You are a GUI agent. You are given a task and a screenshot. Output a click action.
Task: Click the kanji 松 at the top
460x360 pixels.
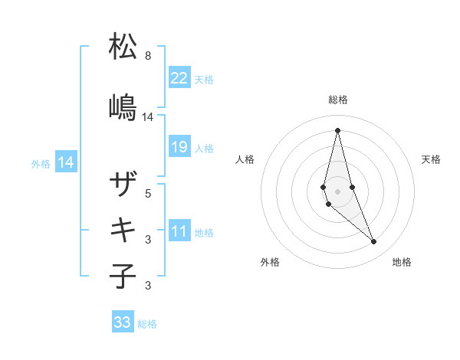point(123,47)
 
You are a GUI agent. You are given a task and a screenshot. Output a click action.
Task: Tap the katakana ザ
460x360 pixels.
point(123,185)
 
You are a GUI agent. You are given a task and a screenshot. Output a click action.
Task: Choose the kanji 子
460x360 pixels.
point(123,275)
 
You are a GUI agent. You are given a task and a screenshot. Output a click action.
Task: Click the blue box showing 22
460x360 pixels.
point(179,77)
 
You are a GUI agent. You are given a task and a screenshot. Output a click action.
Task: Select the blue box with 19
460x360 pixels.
point(179,147)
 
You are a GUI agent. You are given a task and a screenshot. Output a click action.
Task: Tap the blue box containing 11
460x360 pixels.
point(179,231)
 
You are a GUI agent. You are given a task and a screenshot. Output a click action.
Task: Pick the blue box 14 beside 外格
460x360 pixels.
point(66,162)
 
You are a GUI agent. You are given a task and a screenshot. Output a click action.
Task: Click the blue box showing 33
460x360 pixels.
point(123,322)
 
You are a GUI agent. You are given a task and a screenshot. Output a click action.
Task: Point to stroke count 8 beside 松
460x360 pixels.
point(148,56)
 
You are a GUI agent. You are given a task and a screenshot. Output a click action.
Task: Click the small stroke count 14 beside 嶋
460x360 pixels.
point(148,117)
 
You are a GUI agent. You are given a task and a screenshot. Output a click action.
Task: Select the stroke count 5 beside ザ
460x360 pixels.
point(148,194)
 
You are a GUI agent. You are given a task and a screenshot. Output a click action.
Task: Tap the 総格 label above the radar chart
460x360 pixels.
point(338,100)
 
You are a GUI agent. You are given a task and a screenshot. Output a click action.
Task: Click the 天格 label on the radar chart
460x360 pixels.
point(432,159)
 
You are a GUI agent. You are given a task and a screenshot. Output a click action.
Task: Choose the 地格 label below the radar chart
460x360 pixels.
point(402,262)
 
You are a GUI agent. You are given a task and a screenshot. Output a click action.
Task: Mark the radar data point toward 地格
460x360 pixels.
point(373,241)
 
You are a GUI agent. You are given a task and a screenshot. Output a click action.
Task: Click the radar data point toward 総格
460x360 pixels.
point(337,129)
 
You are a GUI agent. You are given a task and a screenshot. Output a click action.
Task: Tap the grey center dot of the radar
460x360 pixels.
point(337,191)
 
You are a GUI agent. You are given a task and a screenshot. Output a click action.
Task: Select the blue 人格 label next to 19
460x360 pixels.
point(204,148)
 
